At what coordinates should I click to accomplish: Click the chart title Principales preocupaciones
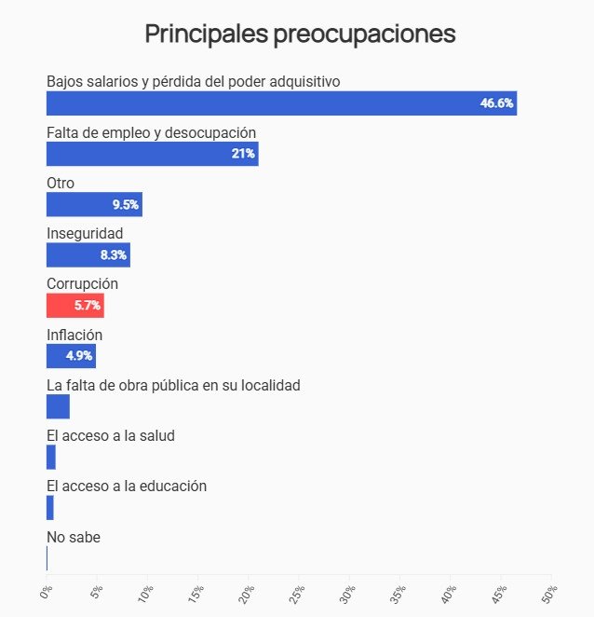tap(300, 34)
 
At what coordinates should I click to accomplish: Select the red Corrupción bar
tap(74, 305)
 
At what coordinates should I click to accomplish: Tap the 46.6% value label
tap(496, 103)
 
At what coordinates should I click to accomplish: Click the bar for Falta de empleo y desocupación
tap(152, 154)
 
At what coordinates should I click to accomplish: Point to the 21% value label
tap(243, 154)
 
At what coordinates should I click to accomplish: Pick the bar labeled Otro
tap(93, 204)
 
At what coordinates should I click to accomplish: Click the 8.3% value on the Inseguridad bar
tap(114, 254)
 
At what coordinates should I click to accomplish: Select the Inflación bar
tap(71, 356)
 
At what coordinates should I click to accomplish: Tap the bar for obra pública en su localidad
tap(58, 406)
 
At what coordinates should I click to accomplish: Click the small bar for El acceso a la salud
tap(51, 457)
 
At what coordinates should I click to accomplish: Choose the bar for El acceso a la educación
tap(50, 507)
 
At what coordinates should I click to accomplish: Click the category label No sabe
tap(73, 537)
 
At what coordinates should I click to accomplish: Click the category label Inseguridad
tap(85, 233)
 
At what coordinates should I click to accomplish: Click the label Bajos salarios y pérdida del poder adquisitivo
tap(193, 81)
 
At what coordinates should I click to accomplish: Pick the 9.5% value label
tap(126, 204)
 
